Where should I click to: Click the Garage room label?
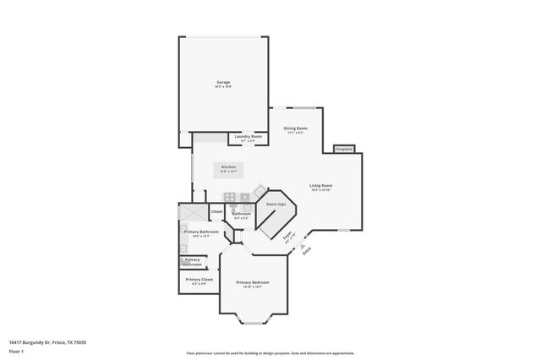[x=223, y=82]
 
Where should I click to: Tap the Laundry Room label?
[x=248, y=135]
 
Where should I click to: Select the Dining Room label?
[x=295, y=128]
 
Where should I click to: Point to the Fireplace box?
[x=344, y=149]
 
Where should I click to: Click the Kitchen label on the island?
[x=228, y=167]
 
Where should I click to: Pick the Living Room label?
[x=320, y=185]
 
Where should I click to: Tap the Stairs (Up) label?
[x=276, y=205]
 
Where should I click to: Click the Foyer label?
[x=287, y=237]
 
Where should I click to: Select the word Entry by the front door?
[x=307, y=250]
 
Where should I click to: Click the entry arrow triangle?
[x=297, y=248]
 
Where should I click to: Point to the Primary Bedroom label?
[x=253, y=282]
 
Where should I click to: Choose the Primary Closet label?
[x=199, y=279]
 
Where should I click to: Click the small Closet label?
[x=216, y=211]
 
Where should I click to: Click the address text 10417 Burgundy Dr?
[x=47, y=341]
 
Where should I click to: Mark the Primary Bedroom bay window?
[x=254, y=320]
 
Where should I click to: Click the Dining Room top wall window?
[x=304, y=107]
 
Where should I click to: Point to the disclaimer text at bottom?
[x=270, y=353]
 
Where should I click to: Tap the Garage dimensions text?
[x=223, y=87]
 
